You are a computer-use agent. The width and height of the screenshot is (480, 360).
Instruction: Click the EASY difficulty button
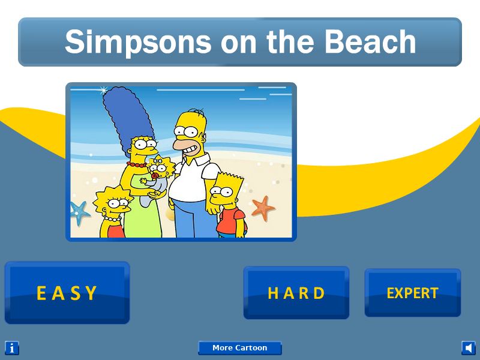pos(67,293)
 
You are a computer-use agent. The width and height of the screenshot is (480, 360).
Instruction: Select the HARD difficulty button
pos(296,293)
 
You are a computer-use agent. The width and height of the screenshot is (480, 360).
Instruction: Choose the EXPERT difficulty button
pos(413,293)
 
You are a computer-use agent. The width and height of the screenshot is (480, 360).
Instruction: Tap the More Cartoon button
pos(239,348)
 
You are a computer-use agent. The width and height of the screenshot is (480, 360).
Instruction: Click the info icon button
pos(12,348)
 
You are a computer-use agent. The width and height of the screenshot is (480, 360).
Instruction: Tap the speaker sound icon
pos(469,348)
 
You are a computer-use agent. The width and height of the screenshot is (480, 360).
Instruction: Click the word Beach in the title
pos(370,41)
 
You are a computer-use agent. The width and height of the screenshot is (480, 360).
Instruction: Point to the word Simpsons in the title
pos(138,43)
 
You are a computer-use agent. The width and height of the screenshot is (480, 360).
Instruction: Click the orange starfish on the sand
pos(263,208)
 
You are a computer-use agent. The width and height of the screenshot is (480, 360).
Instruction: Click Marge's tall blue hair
pos(128,116)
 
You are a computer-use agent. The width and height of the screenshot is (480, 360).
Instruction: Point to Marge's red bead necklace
pos(137,165)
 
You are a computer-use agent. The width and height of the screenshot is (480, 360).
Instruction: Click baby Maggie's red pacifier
pos(155,176)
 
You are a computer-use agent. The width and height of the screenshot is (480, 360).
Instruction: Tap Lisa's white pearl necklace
pos(112,219)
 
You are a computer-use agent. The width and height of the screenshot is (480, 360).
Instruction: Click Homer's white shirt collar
pos(193,159)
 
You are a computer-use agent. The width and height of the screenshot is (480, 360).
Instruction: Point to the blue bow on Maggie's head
pos(158,160)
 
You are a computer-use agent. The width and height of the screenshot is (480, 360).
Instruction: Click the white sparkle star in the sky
pos(104,90)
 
